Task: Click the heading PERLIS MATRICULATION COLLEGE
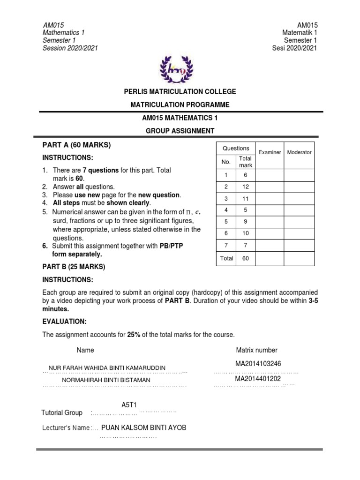coord(180,92)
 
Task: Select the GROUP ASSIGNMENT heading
coord(180,131)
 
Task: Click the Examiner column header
coord(270,152)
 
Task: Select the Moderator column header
coord(299,152)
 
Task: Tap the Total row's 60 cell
coord(246,258)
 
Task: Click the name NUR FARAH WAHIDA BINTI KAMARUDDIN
coord(110,367)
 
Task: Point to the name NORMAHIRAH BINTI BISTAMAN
coord(106,380)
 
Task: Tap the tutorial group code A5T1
coord(129,405)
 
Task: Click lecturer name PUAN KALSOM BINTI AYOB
coord(143,427)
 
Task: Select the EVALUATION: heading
coord(65,322)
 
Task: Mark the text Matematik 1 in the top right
coord(300,33)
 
